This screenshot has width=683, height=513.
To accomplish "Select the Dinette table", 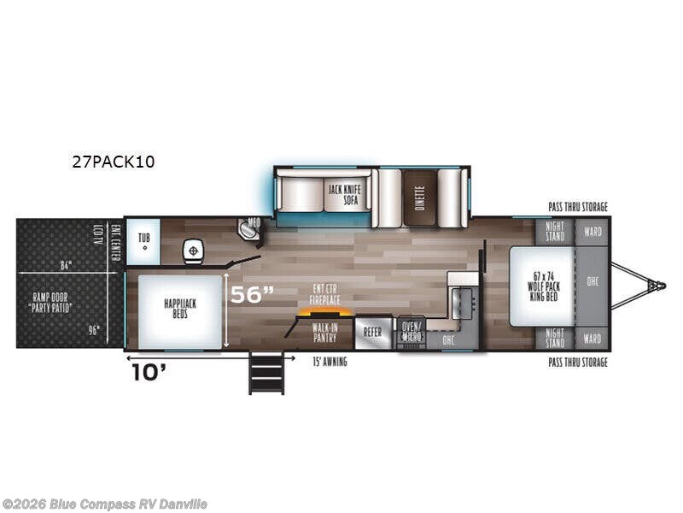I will [418, 198].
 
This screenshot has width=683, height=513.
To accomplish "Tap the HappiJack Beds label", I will [176, 308].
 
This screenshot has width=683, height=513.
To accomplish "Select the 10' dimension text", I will [147, 373].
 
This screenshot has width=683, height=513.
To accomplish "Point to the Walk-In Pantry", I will [324, 331].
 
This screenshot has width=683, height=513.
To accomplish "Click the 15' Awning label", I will [329, 362].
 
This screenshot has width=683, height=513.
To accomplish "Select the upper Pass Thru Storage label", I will [577, 207].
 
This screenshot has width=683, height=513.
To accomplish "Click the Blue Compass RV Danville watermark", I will [106, 504].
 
